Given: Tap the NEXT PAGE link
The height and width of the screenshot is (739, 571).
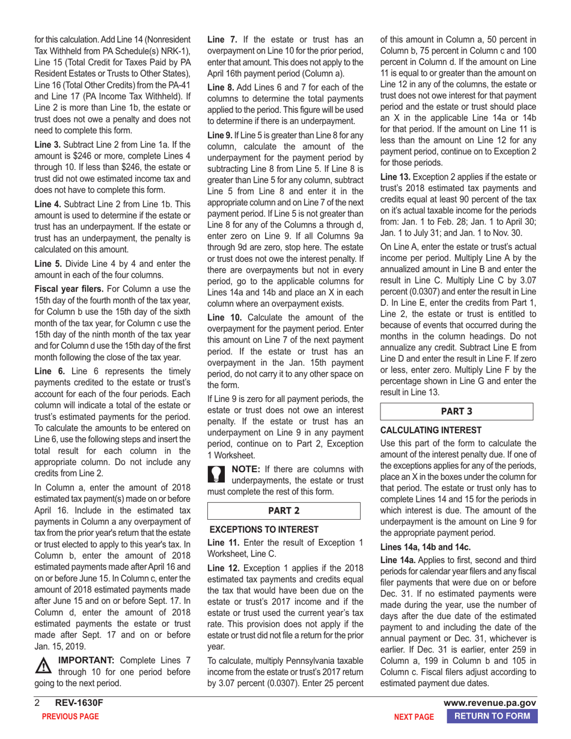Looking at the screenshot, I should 414,717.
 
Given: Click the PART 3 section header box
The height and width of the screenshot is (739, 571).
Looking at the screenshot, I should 457,411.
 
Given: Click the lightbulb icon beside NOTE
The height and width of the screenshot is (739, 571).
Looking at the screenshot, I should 216,472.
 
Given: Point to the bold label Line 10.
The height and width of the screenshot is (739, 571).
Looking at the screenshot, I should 223,317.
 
